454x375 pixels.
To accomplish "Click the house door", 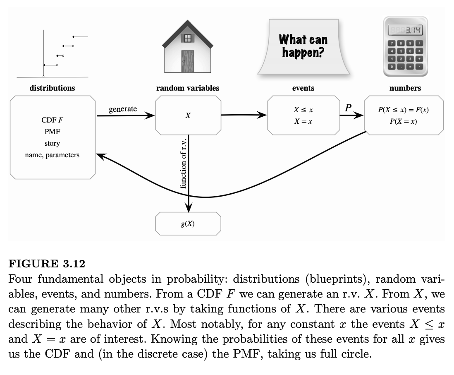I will pos(187,61).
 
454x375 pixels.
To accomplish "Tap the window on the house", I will pos(188,38).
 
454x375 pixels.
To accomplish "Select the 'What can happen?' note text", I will pos(303,46).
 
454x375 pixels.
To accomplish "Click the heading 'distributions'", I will pos(53,88).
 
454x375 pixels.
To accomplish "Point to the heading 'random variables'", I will pos(188,88).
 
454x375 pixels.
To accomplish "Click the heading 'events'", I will pos(303,88).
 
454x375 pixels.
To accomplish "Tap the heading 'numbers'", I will pos(405,88).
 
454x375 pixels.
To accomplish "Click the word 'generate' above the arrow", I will pos(123,109).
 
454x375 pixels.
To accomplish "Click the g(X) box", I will pos(188,224).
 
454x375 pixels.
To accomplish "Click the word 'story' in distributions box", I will pos(52,144).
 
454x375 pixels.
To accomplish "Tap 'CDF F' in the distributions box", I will pos(53,120).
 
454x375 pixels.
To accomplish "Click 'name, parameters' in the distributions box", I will pos(52,155).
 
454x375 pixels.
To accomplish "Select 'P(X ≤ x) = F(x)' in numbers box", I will pos(404,111).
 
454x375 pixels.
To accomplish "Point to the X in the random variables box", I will pos(188,116).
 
